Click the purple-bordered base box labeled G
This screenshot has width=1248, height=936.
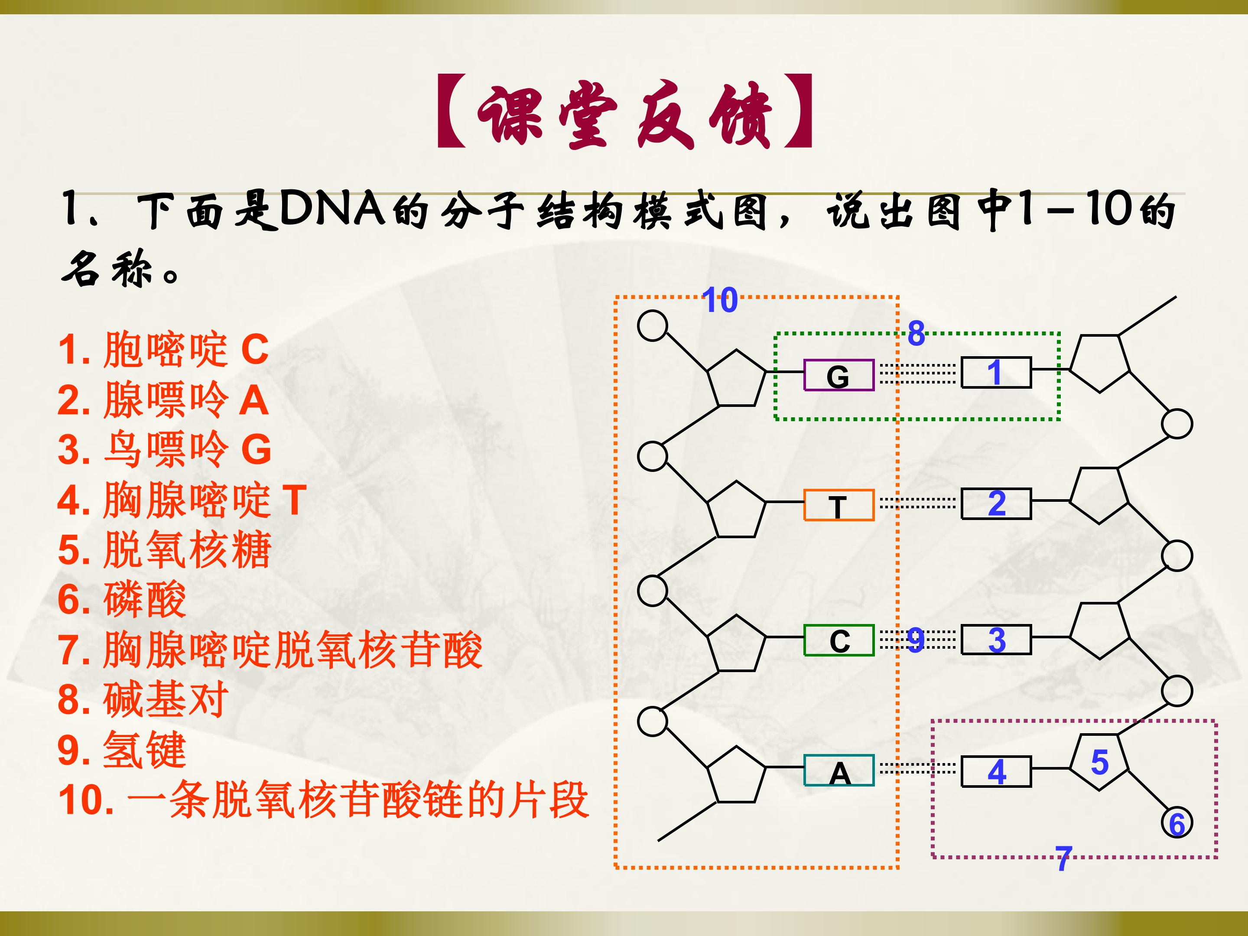[x=838, y=375]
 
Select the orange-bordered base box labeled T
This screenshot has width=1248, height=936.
[x=838, y=505]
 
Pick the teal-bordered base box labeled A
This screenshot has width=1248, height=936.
[x=838, y=770]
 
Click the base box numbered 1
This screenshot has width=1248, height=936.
[x=996, y=372]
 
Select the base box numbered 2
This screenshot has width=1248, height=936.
[x=996, y=503]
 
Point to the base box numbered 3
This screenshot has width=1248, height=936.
[x=996, y=639]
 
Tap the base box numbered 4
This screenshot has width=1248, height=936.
[x=996, y=771]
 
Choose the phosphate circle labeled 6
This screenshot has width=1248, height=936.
[x=1177, y=823]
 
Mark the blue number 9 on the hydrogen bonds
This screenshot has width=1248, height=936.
[x=916, y=640]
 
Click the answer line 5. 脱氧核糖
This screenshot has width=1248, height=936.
[x=165, y=549]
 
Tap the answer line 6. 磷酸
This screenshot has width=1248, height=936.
[x=122, y=599]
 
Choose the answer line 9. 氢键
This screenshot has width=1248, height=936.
[x=122, y=750]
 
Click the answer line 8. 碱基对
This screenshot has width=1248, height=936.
[x=143, y=699]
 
